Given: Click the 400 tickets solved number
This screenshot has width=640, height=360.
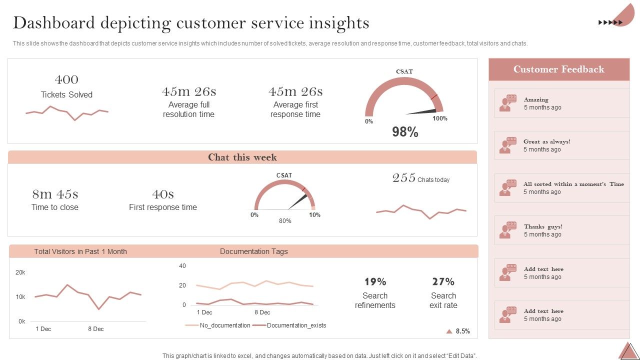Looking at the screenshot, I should (66, 79).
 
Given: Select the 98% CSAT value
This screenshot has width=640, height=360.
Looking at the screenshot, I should (405, 132).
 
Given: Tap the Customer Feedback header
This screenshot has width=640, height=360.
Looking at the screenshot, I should (558, 69).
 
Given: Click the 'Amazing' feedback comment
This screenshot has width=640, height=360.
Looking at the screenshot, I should (536, 99).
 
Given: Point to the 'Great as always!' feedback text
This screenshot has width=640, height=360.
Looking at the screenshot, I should (546, 141).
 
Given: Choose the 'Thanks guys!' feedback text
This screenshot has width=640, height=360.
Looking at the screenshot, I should (543, 226).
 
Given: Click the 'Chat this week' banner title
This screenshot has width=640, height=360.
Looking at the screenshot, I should (242, 157).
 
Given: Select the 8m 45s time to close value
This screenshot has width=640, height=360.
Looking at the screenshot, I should (55, 194).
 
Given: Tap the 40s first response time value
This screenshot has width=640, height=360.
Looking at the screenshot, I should (163, 194).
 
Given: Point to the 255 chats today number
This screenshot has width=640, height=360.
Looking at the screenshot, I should (404, 178).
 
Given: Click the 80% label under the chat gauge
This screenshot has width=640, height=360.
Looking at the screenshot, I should (285, 221).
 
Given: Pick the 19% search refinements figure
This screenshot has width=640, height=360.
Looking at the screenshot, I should (375, 281).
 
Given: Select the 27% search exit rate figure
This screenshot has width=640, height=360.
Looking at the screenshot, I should (443, 281).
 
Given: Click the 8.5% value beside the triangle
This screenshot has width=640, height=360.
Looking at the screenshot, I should (462, 331).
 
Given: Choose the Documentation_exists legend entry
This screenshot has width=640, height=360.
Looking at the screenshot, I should (296, 325).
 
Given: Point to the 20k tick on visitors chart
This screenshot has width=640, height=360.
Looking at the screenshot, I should (20, 272).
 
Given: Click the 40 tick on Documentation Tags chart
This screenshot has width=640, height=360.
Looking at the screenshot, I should (182, 266).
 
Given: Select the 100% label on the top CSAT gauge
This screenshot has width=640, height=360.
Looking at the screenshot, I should (440, 118).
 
